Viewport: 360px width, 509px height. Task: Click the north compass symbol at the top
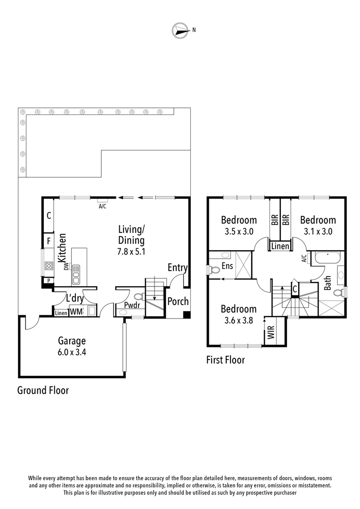(179, 30)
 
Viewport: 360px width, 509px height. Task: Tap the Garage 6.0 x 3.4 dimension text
(72, 351)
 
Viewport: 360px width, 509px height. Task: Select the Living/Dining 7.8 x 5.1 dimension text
(131, 251)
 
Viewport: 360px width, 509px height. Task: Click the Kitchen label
(61, 248)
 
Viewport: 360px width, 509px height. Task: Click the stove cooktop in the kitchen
(48, 266)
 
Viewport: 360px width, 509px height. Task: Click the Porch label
(178, 301)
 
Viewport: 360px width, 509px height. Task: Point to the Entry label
(178, 268)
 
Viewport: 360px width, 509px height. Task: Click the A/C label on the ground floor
(102, 206)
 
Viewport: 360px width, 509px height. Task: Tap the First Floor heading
(225, 361)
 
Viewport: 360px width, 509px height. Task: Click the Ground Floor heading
(43, 390)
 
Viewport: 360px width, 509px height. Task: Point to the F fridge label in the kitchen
(49, 241)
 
